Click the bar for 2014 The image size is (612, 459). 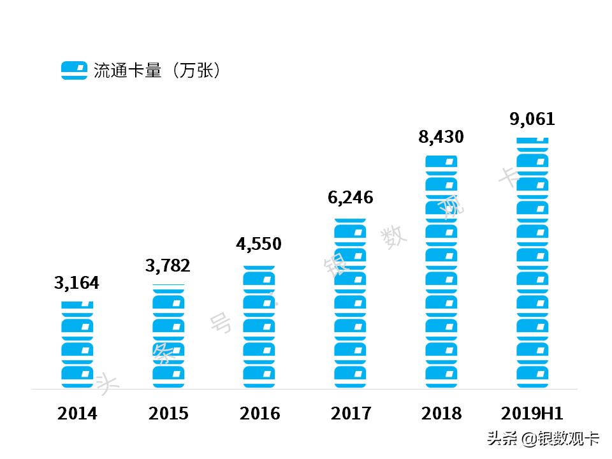[77, 344]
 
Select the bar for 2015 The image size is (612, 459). [168, 336]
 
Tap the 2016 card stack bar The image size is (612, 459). [259, 327]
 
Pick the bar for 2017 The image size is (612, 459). [351, 303]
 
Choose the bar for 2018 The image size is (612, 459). [442, 272]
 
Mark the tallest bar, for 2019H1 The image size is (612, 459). [532, 263]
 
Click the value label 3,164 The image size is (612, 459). [77, 283]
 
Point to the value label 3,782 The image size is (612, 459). [168, 266]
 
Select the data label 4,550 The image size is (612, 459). [259, 244]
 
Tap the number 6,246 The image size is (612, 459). [350, 198]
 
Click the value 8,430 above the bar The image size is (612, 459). [441, 136]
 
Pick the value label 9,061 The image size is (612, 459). [532, 119]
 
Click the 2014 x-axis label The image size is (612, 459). [77, 414]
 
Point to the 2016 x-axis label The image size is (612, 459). [259, 414]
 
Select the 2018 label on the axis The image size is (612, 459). [441, 414]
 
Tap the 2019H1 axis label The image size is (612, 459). [532, 414]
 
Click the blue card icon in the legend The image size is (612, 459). [74, 70]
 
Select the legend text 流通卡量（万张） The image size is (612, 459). [157, 70]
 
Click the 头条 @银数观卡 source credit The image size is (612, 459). [543, 439]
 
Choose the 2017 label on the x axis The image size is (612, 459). [351, 414]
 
